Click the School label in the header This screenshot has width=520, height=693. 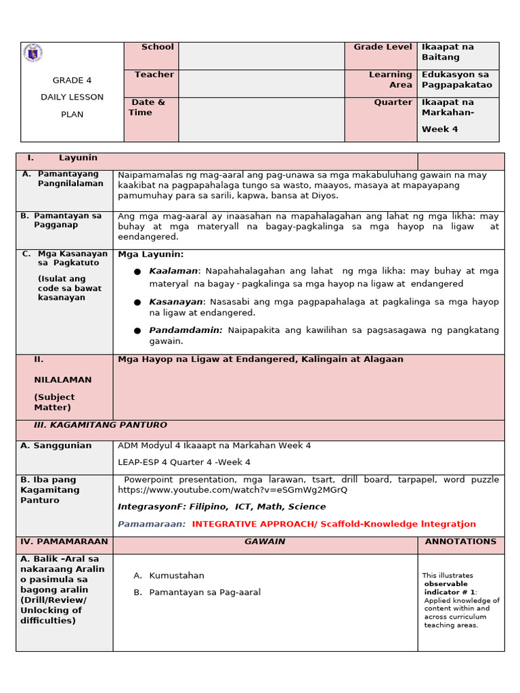point(157,47)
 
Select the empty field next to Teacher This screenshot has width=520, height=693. point(261,83)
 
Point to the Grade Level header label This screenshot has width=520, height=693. point(383,47)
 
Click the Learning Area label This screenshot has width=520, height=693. point(390,80)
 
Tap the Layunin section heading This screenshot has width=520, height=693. point(78,158)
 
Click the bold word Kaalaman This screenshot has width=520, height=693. point(173,271)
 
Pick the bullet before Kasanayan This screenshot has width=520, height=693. point(137,303)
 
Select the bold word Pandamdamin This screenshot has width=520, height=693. point(186,330)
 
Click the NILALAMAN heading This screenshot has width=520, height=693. point(63,380)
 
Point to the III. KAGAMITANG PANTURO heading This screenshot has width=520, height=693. point(100,425)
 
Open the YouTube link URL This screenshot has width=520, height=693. point(232,490)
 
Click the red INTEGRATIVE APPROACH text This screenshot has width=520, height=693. point(334,524)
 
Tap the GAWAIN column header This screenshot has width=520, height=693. point(265,541)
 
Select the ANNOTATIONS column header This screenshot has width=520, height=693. point(460,541)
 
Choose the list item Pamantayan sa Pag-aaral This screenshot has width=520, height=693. point(204,592)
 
